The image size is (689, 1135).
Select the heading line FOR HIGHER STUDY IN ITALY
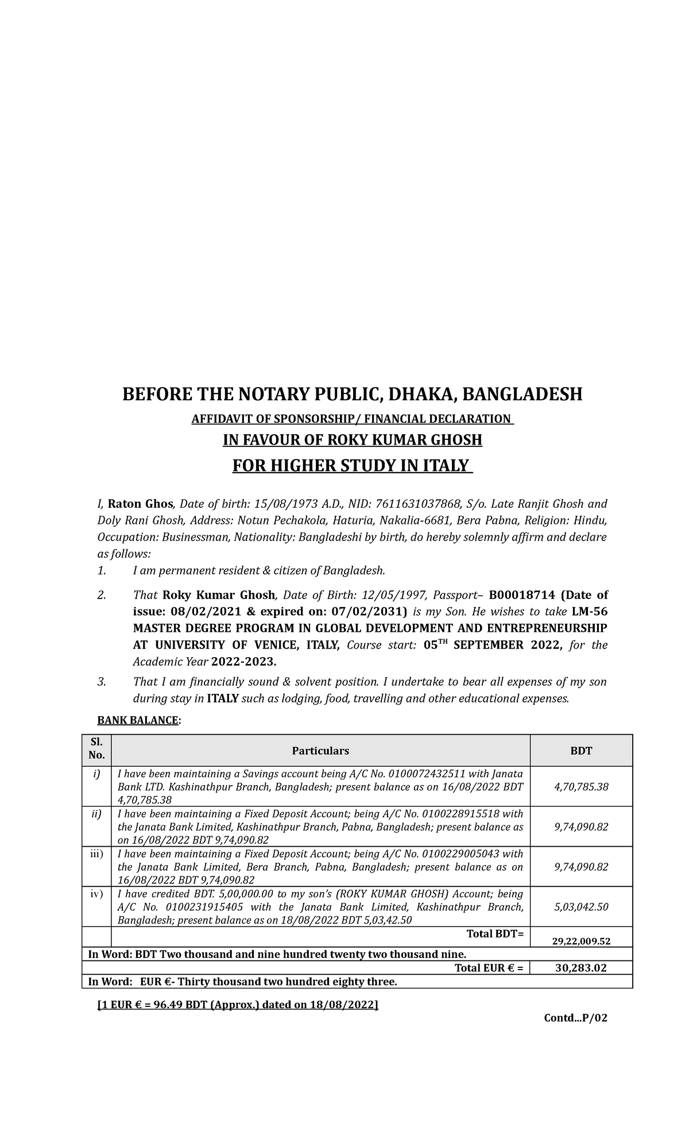pos(352,465)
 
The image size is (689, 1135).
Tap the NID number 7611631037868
pos(418,504)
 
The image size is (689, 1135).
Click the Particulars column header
pos(320,751)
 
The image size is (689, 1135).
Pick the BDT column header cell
pos(581,751)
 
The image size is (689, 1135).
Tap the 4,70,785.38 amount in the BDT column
pos(581,787)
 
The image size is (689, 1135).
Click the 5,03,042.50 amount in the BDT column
pos(581,907)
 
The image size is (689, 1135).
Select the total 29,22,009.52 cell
pos(581,941)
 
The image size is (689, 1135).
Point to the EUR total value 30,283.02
pos(581,968)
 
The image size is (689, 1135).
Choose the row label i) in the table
pos(96,774)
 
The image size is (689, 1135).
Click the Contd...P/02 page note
pos(575,1018)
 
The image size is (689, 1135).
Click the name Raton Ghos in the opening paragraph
pos(141,504)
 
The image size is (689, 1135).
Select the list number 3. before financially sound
pos(102,682)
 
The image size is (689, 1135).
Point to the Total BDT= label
pos(495,934)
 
